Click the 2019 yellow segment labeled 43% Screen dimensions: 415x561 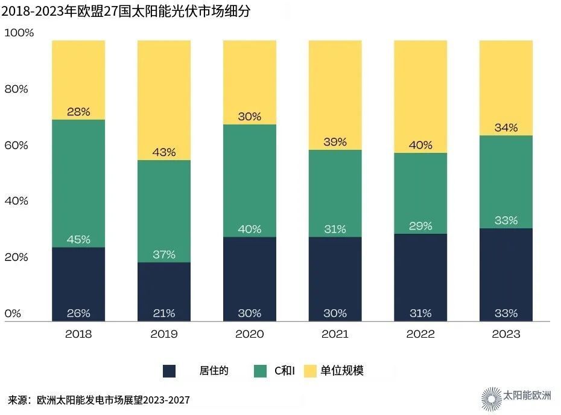pyautogui.click(x=164, y=100)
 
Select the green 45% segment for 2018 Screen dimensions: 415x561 pyautogui.click(x=78, y=183)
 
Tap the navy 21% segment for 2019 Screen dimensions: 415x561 pyautogui.click(x=164, y=291)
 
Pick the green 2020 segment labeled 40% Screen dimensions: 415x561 pyautogui.click(x=250, y=181)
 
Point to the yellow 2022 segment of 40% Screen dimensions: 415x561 pyautogui.click(x=420, y=97)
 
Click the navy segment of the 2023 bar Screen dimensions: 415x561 pyautogui.click(x=506, y=274)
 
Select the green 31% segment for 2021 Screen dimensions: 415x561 pyautogui.click(x=335, y=193)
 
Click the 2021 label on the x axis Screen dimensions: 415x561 pyautogui.click(x=335, y=333)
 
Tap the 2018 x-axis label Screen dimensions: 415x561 pyautogui.click(x=78, y=333)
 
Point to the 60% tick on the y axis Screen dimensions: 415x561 pyautogui.click(x=16, y=145)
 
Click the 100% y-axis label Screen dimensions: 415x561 pyautogui.click(x=19, y=33)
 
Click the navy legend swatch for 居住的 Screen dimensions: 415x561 pyautogui.click(x=170, y=371)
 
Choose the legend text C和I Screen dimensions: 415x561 pyautogui.click(x=285, y=371)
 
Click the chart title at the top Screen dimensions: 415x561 pyautogui.click(x=127, y=10)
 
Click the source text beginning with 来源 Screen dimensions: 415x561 pyautogui.click(x=103, y=400)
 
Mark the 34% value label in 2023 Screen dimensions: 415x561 pyautogui.click(x=506, y=127)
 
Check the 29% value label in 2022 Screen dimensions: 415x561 pyautogui.click(x=420, y=226)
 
